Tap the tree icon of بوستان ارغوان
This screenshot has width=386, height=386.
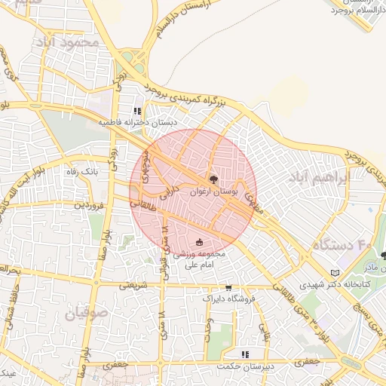(214, 179)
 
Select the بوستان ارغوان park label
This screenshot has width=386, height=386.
(213, 193)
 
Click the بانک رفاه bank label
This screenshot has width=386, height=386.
(83, 172)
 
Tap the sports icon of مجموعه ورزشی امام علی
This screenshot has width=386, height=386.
(199, 242)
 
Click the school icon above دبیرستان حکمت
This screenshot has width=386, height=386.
(244, 354)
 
